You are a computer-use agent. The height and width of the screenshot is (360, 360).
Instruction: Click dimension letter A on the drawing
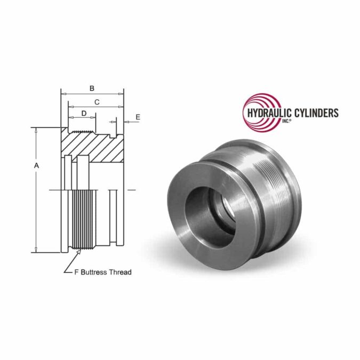36,166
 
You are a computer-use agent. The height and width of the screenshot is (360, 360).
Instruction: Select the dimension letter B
92,88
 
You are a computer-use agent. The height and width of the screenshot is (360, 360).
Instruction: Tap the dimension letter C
97,101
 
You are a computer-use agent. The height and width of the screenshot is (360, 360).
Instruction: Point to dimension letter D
84,113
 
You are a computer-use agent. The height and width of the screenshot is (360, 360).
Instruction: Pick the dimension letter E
138,117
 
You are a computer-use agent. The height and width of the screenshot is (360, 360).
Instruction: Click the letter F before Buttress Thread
76,272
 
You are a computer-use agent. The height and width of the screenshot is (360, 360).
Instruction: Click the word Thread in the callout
121,272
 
